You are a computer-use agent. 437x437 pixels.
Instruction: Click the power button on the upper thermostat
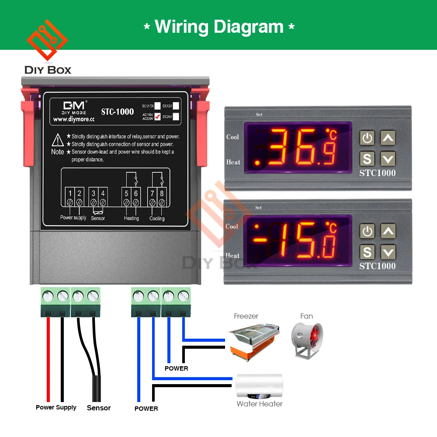click(x=367, y=138)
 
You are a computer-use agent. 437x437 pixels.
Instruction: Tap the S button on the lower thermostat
click(x=367, y=252)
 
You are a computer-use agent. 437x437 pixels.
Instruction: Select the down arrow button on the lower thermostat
click(x=388, y=252)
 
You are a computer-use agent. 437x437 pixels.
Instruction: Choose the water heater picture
click(x=259, y=386)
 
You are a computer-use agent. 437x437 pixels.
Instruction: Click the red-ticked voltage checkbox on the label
click(x=158, y=116)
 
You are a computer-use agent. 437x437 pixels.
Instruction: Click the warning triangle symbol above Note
click(x=58, y=140)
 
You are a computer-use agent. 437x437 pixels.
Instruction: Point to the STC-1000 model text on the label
click(x=118, y=111)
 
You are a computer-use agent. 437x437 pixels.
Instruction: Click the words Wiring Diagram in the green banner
click(x=219, y=27)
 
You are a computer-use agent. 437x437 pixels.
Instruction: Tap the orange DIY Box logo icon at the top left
click(x=47, y=42)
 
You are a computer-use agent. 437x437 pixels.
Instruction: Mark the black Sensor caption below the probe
click(x=99, y=408)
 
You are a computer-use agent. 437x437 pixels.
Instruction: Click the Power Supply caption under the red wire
click(x=56, y=407)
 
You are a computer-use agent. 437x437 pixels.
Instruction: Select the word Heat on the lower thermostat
click(x=232, y=256)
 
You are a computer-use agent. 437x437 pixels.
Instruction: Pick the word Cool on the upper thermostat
click(x=232, y=137)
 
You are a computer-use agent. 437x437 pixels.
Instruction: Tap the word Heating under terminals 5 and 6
click(x=131, y=218)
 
